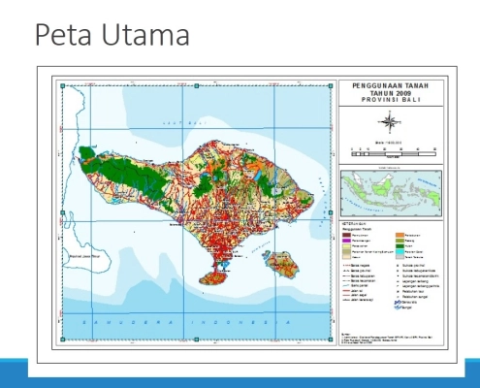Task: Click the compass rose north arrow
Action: point(389,121)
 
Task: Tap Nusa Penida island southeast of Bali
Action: point(278,262)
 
